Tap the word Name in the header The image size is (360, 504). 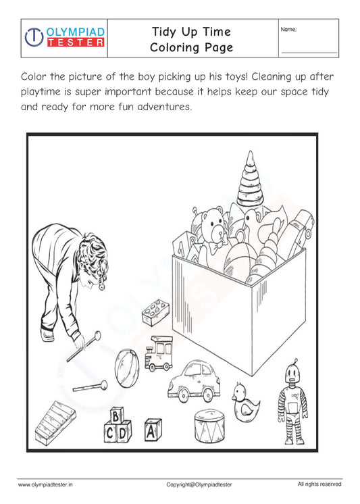[288, 29]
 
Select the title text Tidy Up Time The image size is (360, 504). [191, 31]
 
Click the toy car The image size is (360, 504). [195, 381]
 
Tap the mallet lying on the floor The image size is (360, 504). [91, 386]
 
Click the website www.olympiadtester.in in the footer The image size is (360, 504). [45, 484]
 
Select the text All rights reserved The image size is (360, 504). [319, 484]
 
